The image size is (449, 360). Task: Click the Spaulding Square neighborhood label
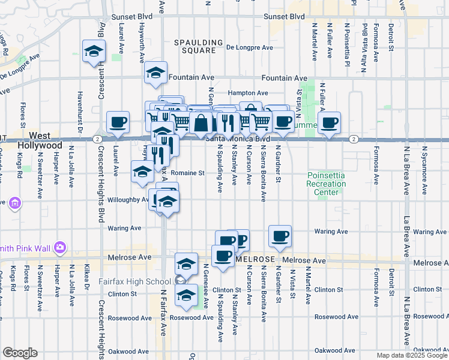(x=194, y=46)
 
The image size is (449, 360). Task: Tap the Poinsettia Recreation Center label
(x=326, y=184)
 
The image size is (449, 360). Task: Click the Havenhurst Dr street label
(x=79, y=100)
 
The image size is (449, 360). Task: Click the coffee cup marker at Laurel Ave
(x=117, y=122)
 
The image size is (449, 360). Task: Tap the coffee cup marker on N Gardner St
(x=280, y=236)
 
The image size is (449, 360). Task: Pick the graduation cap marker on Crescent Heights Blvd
(x=93, y=51)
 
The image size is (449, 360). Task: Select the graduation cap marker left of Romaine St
(x=142, y=172)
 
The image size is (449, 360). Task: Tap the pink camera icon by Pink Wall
(x=59, y=247)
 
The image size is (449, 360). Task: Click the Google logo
(x=20, y=353)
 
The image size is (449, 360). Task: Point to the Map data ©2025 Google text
(x=411, y=355)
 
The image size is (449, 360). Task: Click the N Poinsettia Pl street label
(x=346, y=38)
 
